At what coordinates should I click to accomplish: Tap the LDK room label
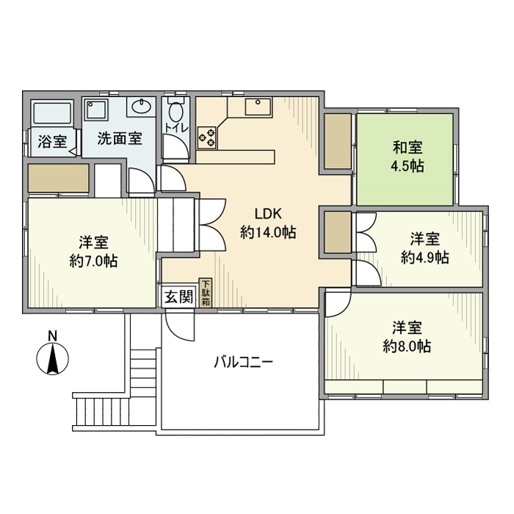(x=268, y=222)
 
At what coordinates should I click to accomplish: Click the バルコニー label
(x=244, y=362)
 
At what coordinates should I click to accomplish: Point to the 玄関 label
(x=178, y=297)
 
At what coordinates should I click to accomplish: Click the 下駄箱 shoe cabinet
(x=206, y=292)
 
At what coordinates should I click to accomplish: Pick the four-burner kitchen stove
(x=206, y=135)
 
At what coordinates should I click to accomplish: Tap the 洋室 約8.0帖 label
(x=407, y=337)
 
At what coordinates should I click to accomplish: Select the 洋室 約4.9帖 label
(x=425, y=248)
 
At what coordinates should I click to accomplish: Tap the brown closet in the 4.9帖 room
(x=338, y=233)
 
